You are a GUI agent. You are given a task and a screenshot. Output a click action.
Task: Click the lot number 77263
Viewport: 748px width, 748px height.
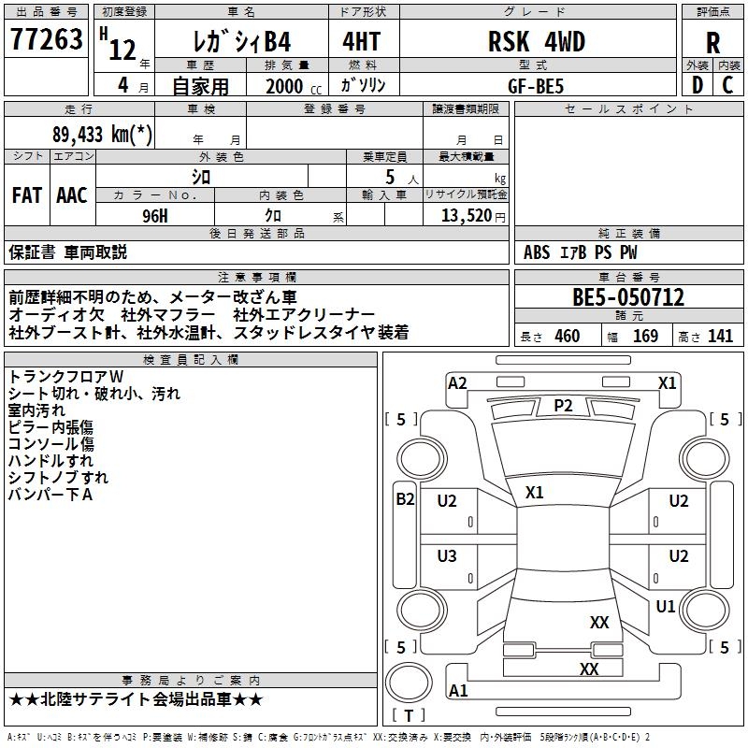[x=47, y=40]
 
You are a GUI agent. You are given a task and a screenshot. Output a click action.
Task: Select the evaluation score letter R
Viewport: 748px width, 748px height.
[x=712, y=43]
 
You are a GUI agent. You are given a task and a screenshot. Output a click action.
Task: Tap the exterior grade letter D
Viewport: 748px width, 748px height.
[x=697, y=84]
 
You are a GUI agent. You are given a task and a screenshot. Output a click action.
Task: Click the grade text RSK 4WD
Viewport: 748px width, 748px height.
[x=537, y=42]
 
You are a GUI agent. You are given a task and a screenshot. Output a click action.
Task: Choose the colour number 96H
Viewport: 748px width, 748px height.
[x=154, y=215]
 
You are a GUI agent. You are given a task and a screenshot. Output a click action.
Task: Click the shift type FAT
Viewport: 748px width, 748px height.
[x=27, y=195]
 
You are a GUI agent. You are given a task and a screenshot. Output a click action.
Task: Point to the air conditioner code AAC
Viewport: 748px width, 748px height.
[x=72, y=195]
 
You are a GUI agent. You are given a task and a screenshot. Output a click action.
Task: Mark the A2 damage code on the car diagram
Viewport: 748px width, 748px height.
[x=457, y=382]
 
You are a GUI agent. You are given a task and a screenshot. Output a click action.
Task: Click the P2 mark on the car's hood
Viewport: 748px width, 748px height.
[x=563, y=405]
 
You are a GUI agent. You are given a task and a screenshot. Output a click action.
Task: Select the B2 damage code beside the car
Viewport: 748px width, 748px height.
[x=405, y=499]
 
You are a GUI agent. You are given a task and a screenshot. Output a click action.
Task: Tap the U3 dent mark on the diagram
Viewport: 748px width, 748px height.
[x=447, y=556]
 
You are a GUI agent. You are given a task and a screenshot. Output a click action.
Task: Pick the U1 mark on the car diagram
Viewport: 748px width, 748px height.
[x=666, y=607]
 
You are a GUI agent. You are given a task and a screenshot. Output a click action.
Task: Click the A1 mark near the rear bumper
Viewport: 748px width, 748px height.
[x=458, y=691]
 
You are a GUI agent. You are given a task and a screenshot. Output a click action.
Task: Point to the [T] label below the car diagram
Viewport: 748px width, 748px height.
[x=409, y=716]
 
